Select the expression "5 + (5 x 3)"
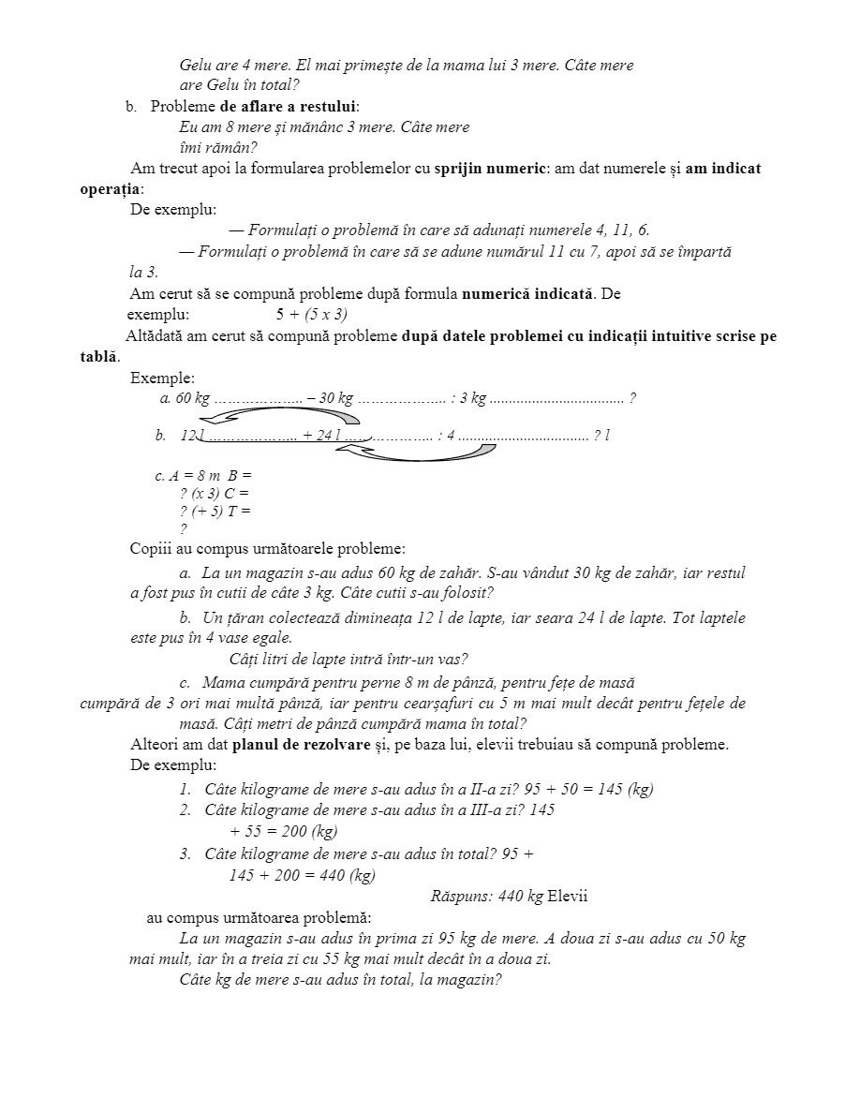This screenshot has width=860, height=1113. pos(312,314)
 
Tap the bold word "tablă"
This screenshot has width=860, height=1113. pos(99,357)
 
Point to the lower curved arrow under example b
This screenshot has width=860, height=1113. pos(417,453)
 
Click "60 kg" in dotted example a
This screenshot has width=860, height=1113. pos(192,398)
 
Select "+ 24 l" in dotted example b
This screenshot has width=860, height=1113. pos(320,436)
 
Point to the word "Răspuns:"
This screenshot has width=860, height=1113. pos(459,896)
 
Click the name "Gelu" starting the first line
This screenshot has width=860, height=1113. pos(196,66)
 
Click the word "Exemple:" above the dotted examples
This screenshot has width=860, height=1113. pos(163,378)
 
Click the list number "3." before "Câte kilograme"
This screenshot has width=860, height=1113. pos(185,853)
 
